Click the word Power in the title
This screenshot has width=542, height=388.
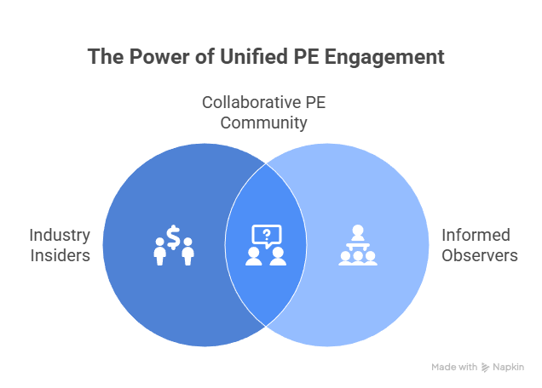coord(153,58)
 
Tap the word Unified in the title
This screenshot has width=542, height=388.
coord(246,58)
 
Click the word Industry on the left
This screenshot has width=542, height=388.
coord(60,235)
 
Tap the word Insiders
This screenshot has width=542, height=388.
coord(60,254)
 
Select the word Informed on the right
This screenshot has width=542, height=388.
coord(475,235)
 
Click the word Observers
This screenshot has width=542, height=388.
coord(478,254)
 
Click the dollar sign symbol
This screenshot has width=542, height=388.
coord(173,238)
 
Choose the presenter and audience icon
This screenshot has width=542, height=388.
coord(357,245)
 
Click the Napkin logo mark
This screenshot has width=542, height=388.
coord(486,368)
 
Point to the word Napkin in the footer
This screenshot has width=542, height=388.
coord(509,368)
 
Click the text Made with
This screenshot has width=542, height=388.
coord(454,368)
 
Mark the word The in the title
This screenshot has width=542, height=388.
coord(105,58)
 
